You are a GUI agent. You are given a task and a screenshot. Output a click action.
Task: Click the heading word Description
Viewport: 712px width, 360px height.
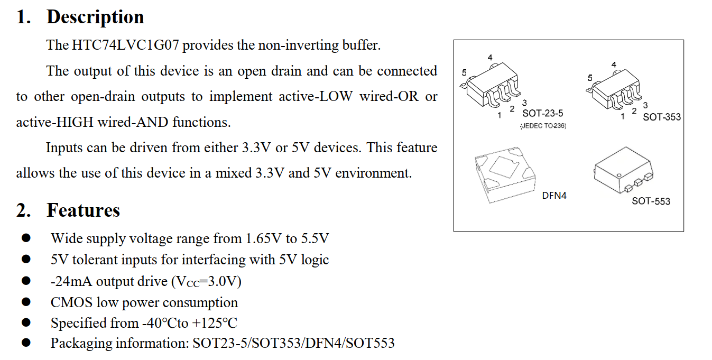pyautogui.click(x=95, y=17)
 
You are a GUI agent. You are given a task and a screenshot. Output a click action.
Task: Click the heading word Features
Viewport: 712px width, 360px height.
pyautogui.click(x=84, y=210)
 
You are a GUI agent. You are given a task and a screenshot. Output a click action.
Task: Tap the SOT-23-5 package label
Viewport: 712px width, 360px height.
pyautogui.click(x=542, y=113)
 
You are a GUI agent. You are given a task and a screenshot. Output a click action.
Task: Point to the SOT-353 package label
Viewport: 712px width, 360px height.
pyautogui.click(x=662, y=117)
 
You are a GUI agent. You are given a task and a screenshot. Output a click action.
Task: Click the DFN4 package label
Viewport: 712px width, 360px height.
pyautogui.click(x=554, y=196)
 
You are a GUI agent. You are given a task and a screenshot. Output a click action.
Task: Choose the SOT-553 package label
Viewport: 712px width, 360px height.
pyautogui.click(x=651, y=201)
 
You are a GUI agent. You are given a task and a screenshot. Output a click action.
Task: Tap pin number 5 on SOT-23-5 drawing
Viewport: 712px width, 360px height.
pyautogui.click(x=464, y=73)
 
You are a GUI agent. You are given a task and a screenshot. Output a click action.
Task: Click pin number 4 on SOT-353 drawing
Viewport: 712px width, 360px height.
pyautogui.click(x=614, y=64)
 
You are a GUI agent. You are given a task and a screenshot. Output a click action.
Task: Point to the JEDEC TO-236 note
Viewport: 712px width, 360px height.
pyautogui.click(x=543, y=126)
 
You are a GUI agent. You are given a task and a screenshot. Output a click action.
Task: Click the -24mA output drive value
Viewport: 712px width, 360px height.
pyautogui.click(x=71, y=282)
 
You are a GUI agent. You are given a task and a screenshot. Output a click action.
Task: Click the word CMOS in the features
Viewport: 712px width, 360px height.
pyautogui.click(x=71, y=303)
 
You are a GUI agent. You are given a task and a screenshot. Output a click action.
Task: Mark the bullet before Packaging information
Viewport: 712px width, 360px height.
pyautogui.click(x=26, y=343)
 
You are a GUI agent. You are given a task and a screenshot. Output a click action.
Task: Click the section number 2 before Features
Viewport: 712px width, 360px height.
pyautogui.click(x=22, y=210)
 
